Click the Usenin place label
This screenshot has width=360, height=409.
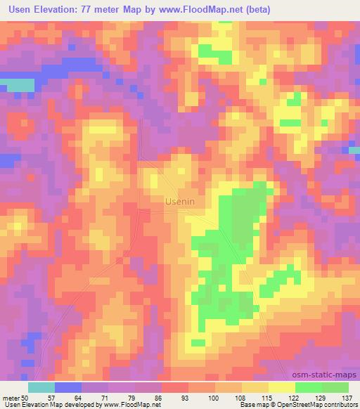[179, 201]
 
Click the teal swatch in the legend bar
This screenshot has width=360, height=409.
[41, 387]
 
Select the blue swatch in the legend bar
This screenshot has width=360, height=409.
[67, 387]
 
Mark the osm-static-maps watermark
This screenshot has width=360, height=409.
[326, 374]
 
